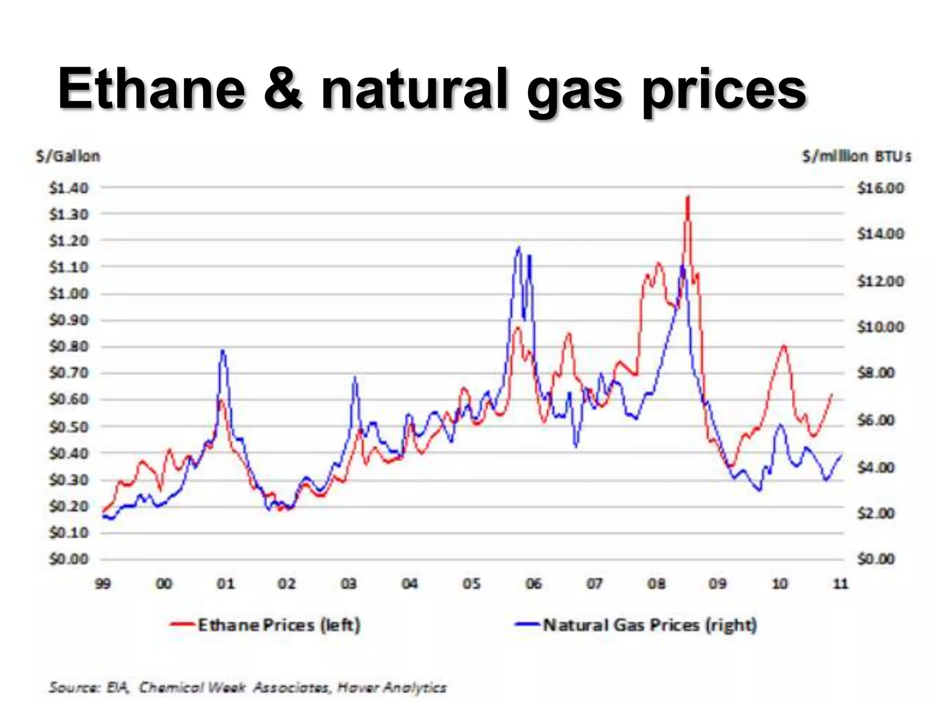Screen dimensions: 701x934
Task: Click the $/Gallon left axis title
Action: pyautogui.click(x=68, y=157)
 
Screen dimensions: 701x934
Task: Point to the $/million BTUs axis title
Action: pyautogui.click(x=856, y=157)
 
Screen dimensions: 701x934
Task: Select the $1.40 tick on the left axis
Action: pyautogui.click(x=69, y=188)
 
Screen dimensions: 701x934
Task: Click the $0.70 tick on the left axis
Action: pyautogui.click(x=69, y=373)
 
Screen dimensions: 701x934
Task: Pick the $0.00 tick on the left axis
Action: pyautogui.click(x=69, y=559)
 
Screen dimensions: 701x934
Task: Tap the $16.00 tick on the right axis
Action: pyautogui.click(x=880, y=188)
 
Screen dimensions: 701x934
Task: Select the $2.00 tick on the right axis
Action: pyautogui.click(x=876, y=513)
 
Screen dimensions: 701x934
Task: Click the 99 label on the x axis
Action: pyautogui.click(x=103, y=584)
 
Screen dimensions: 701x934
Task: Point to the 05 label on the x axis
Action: pyautogui.click(x=472, y=584)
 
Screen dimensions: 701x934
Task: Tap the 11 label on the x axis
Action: pyautogui.click(x=840, y=584)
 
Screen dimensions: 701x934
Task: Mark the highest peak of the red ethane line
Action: pyautogui.click(x=688, y=197)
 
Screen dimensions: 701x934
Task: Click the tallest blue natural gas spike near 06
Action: pyautogui.click(x=519, y=248)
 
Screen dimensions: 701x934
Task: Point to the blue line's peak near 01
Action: pyautogui.click(x=223, y=350)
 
